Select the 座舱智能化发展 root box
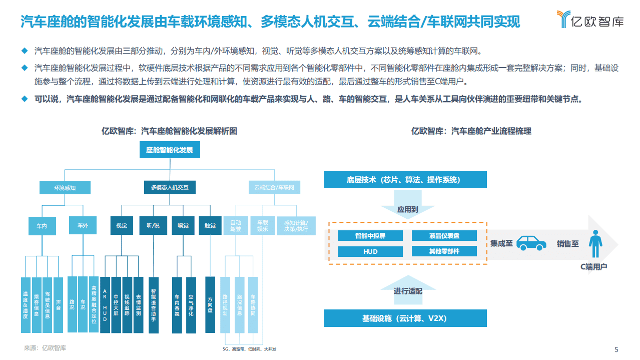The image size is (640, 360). coord(169,150)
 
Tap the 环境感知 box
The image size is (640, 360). coord(65,188)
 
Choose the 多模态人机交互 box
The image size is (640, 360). coord(170,188)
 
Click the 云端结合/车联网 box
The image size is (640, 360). coord(274,188)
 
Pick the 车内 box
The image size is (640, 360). coord(41,226)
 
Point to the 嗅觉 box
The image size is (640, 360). coord(183,226)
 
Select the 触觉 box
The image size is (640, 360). coord(210,226)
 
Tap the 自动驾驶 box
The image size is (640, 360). coord(236,226)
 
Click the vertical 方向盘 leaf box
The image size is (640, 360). coord(210,304)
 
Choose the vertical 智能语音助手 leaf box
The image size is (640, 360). coord(154,304)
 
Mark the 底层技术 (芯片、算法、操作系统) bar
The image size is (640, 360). coord(405,180)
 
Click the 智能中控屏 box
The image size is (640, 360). coord(370,235)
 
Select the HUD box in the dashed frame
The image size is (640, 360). coord(370,251)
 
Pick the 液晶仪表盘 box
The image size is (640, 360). coord(444,235)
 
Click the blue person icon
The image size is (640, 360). coord(595,244)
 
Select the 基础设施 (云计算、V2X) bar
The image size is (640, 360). coord(405,318)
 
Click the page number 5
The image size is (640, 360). coord(616,349)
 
